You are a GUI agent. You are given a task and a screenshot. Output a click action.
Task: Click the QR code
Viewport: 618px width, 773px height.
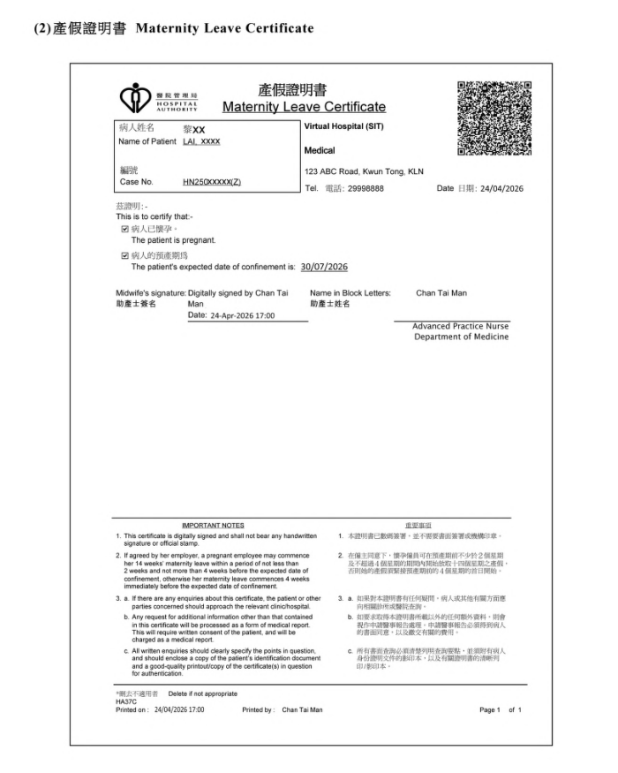click(494, 117)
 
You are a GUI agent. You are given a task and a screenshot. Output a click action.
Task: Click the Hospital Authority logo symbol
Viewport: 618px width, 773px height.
click(135, 96)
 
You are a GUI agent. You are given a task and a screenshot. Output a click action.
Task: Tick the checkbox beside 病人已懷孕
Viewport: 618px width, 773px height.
click(124, 229)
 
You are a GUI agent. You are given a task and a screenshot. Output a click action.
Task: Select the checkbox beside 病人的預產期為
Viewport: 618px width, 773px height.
click(124, 255)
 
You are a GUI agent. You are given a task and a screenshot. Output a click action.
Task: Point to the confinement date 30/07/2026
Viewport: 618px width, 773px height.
click(325, 266)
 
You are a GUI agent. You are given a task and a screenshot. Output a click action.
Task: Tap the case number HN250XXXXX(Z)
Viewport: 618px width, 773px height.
click(212, 182)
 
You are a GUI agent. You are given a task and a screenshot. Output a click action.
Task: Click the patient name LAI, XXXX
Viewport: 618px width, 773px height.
click(201, 141)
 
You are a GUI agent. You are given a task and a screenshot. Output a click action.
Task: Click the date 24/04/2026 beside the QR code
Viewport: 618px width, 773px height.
click(502, 189)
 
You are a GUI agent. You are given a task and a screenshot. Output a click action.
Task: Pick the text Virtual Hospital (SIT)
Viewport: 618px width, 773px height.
click(344, 127)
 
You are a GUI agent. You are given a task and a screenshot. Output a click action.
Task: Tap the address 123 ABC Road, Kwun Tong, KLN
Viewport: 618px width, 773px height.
click(364, 171)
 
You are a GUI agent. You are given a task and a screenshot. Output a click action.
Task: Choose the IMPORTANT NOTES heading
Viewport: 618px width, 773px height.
click(213, 525)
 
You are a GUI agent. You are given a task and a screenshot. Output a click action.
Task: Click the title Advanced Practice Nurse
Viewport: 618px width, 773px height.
click(460, 326)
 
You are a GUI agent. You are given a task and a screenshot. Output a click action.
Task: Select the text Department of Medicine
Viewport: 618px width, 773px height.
click(461, 337)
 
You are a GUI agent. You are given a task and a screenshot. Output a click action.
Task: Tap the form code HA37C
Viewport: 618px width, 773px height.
click(127, 702)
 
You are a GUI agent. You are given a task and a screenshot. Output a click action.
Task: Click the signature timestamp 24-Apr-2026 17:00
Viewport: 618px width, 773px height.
click(243, 315)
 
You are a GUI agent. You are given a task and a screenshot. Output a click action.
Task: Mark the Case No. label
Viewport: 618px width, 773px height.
click(136, 182)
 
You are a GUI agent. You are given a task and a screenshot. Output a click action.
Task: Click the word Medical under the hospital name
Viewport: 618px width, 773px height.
click(320, 150)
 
